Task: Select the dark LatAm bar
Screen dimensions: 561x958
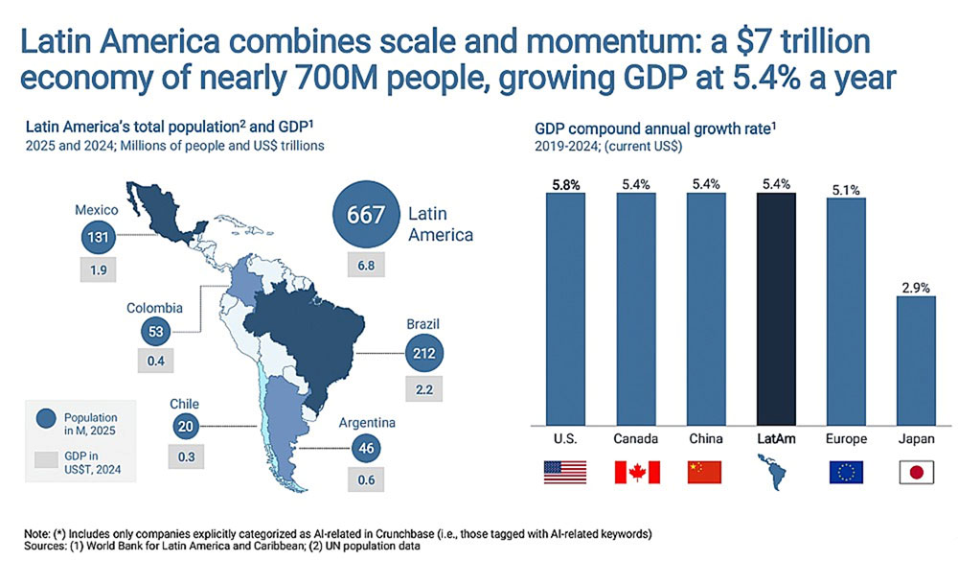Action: (x=774, y=307)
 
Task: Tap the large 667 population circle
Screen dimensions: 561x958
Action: (x=365, y=214)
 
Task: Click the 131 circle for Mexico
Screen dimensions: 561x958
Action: (x=96, y=240)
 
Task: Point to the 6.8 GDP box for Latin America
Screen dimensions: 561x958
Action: (x=365, y=263)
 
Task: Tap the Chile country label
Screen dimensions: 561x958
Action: (x=184, y=404)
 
